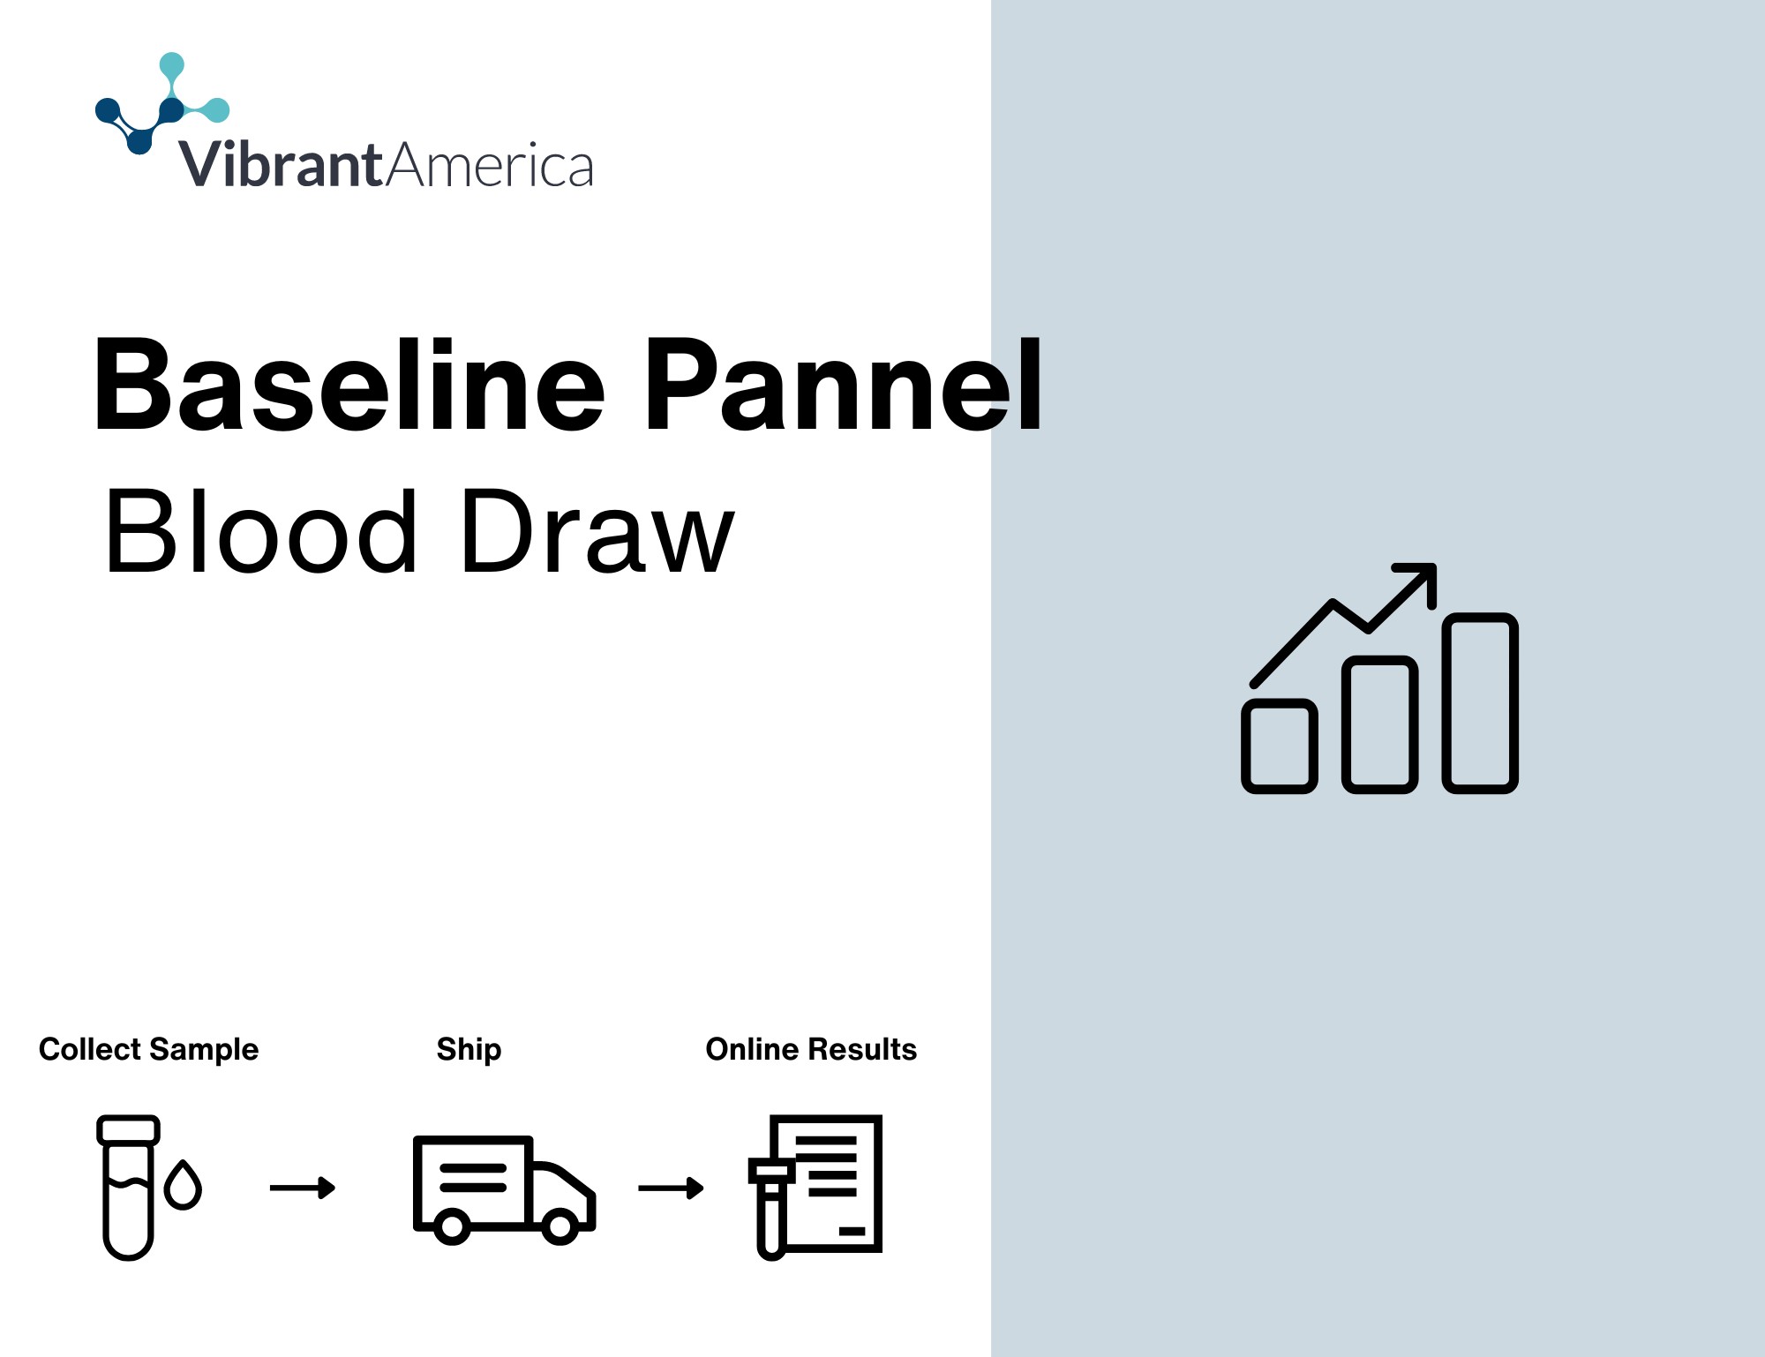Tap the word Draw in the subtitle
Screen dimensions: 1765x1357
[598, 531]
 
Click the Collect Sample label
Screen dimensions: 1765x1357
[148, 1049]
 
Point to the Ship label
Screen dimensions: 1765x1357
[469, 1049]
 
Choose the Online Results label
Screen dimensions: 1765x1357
[811, 1049]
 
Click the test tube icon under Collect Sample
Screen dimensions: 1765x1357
[128, 1188]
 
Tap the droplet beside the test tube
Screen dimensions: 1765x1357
[183, 1185]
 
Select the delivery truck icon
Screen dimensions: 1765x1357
[504, 1189]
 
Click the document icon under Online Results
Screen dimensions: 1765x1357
[815, 1186]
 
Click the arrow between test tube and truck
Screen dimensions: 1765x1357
[303, 1188]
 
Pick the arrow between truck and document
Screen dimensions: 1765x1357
[671, 1188]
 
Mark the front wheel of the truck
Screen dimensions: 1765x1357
[560, 1226]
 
